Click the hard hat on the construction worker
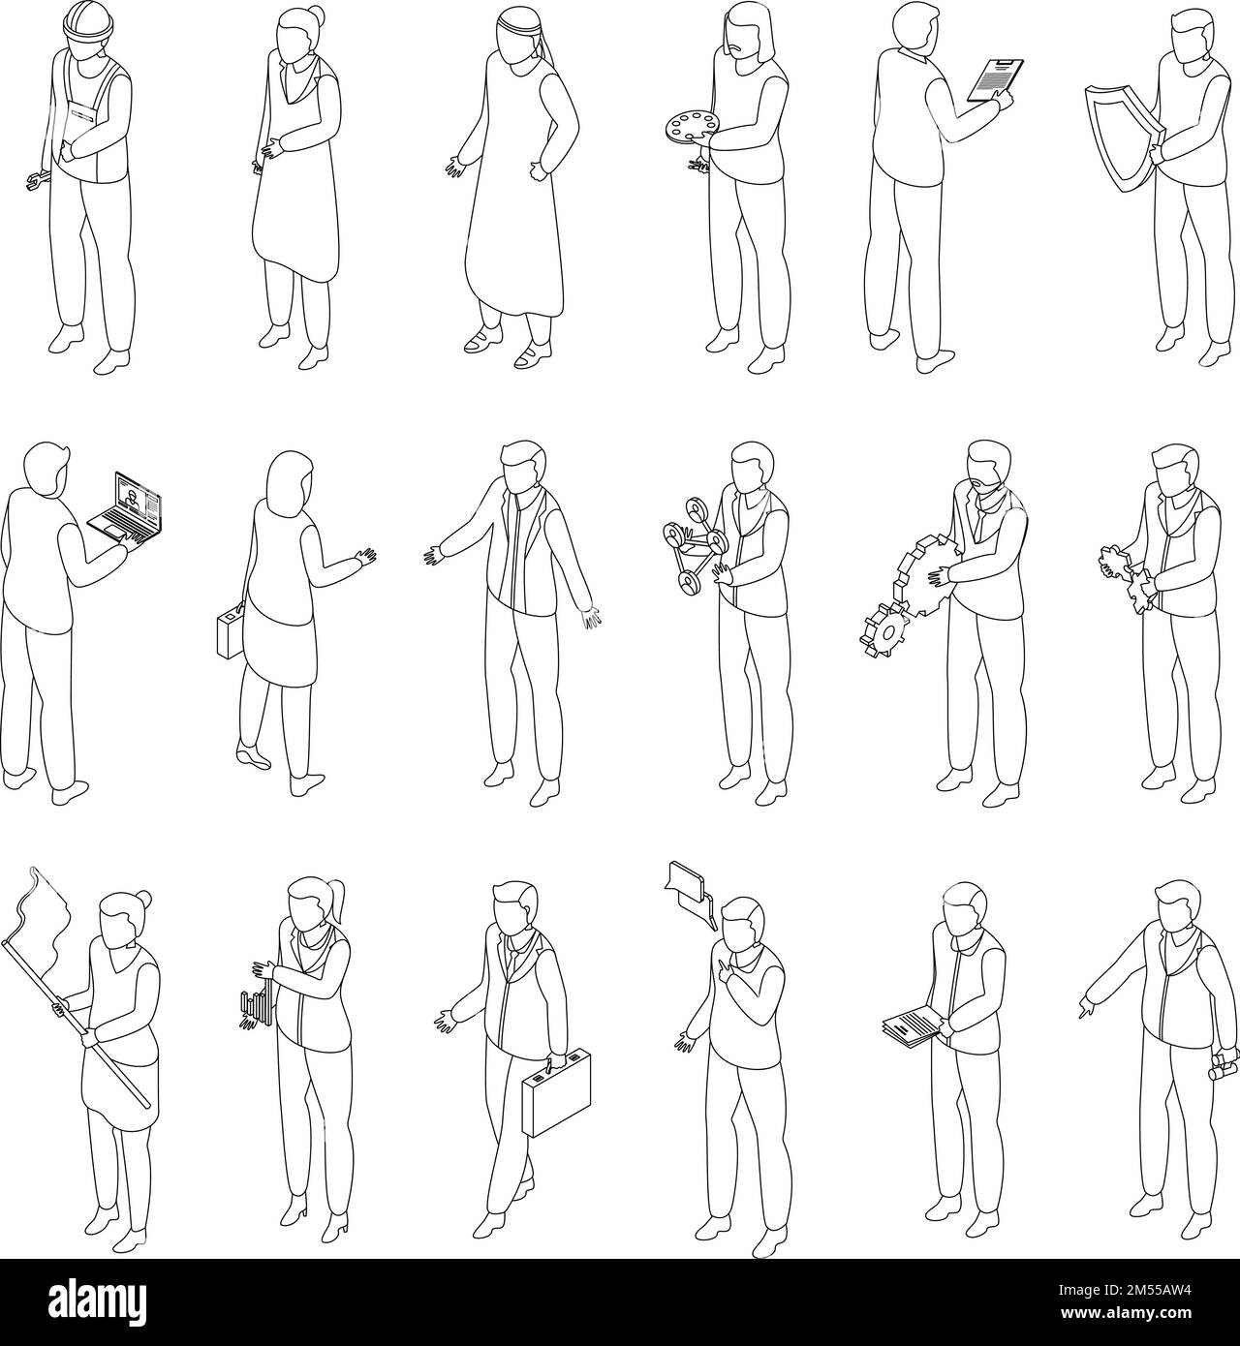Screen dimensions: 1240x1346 pyautogui.click(x=84, y=22)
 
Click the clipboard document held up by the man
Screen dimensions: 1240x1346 pyautogui.click(x=995, y=80)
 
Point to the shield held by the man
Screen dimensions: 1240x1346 pyautogui.click(x=1122, y=135)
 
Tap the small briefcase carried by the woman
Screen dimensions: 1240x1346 pyautogui.click(x=231, y=630)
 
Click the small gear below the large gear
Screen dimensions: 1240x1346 pyautogui.click(x=884, y=628)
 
